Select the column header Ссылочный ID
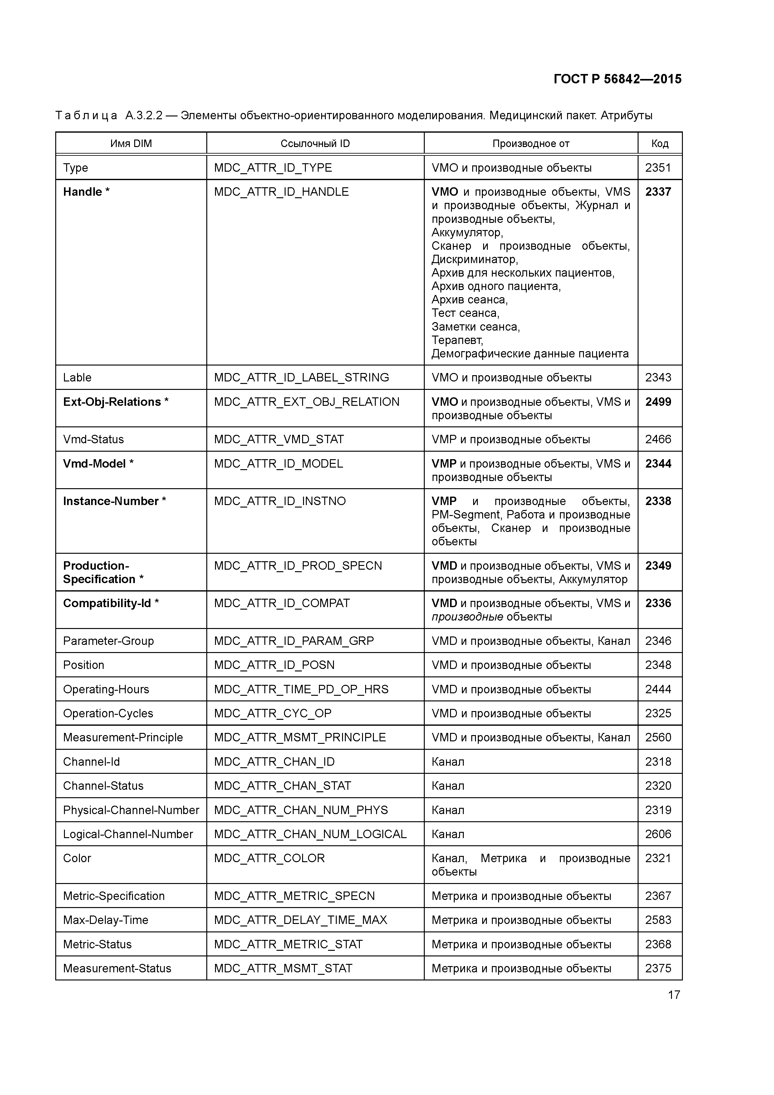click(x=315, y=144)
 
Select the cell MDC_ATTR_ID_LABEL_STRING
click(x=301, y=377)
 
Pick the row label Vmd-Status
click(x=93, y=439)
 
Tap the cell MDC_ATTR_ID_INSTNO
click(x=280, y=501)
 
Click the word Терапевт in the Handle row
click(x=457, y=340)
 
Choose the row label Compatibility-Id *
click(x=111, y=603)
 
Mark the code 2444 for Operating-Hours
click(x=658, y=689)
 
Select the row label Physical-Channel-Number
click(x=131, y=810)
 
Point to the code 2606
click(x=658, y=834)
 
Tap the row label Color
click(x=77, y=858)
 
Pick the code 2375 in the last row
click(x=658, y=968)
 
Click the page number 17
click(x=674, y=995)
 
